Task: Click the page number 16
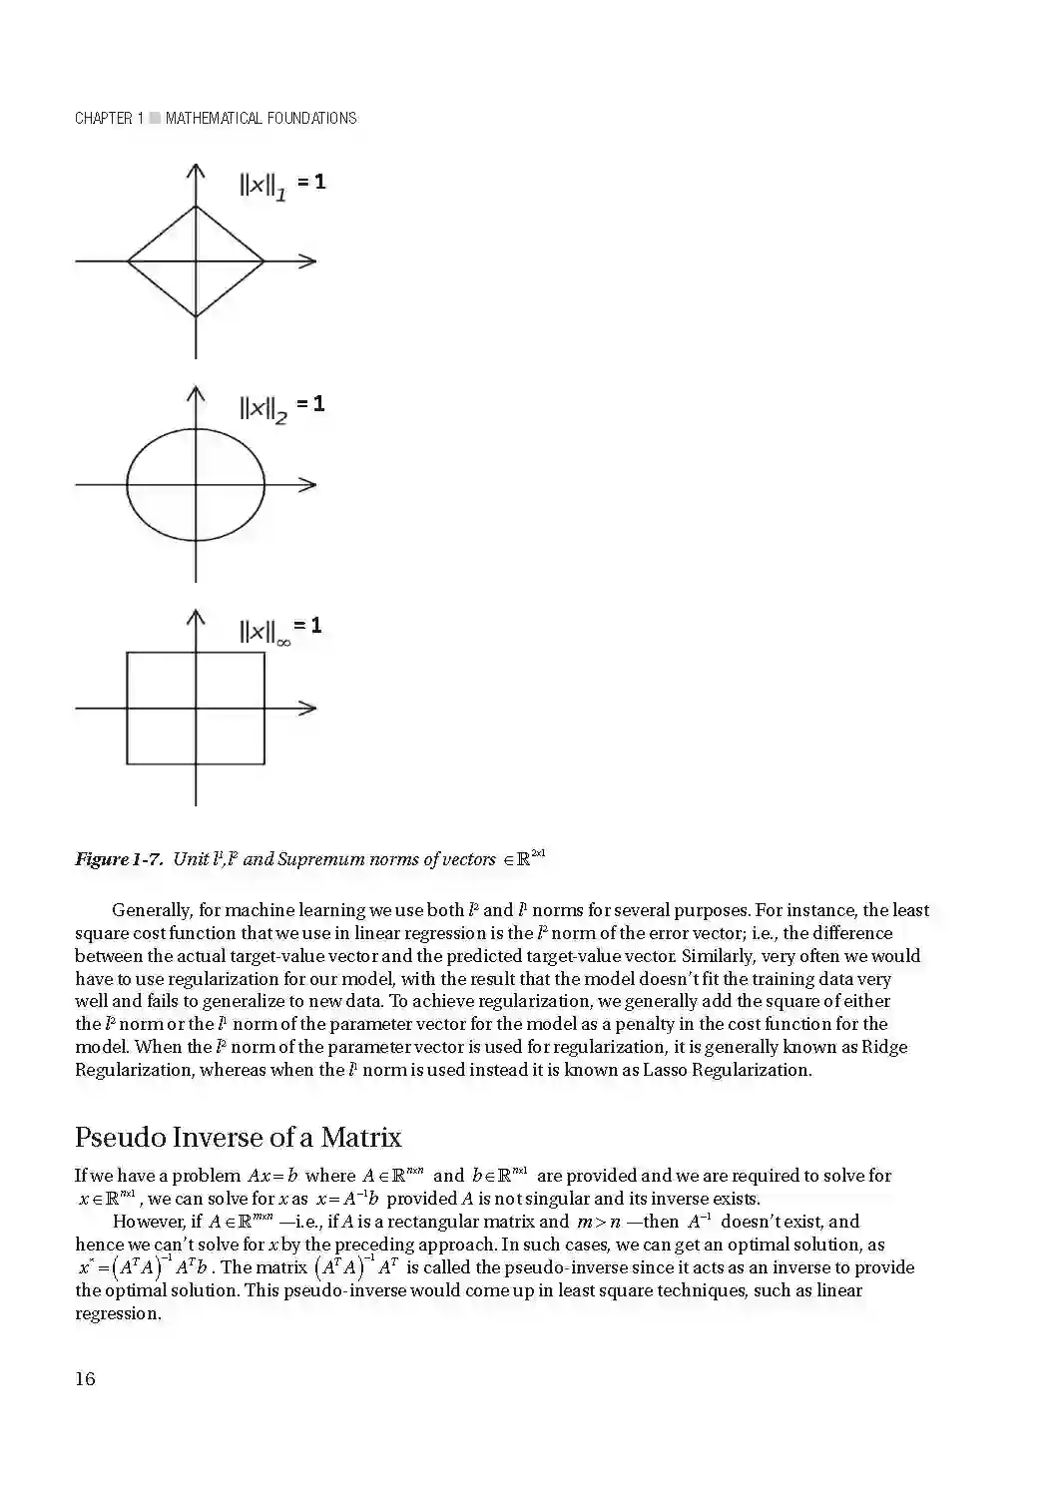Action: point(85,1378)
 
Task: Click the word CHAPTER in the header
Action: point(103,118)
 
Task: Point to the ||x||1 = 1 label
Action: point(282,185)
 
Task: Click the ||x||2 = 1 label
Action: point(281,407)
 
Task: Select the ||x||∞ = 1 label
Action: point(280,629)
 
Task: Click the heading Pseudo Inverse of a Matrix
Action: point(239,1137)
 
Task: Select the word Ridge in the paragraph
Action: point(884,1047)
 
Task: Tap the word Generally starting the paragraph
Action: point(151,910)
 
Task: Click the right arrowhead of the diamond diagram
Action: point(309,261)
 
